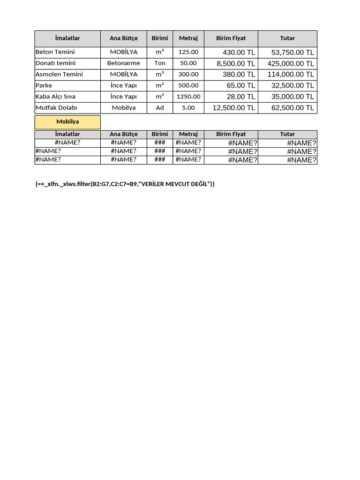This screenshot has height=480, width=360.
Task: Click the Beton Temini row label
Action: coord(55,52)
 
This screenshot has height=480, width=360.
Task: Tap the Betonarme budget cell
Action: coord(124,63)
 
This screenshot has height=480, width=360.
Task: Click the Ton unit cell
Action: coord(160,63)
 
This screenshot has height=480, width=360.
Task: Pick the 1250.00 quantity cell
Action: coord(188,97)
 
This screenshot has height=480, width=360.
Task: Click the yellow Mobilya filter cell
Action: coord(67,122)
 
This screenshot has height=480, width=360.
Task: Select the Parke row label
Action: coord(44,85)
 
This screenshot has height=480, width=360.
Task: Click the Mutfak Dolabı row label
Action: coord(56,108)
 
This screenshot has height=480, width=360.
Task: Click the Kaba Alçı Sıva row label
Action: coord(55,97)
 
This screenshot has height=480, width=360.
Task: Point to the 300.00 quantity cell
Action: coord(188,74)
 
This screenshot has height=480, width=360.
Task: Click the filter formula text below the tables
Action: coord(125,184)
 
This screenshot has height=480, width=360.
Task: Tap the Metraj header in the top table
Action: coord(188,38)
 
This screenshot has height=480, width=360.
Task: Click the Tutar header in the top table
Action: coord(287,38)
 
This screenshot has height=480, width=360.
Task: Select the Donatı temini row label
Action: coord(55,63)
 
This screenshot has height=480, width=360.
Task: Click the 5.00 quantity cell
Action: coord(188,108)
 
